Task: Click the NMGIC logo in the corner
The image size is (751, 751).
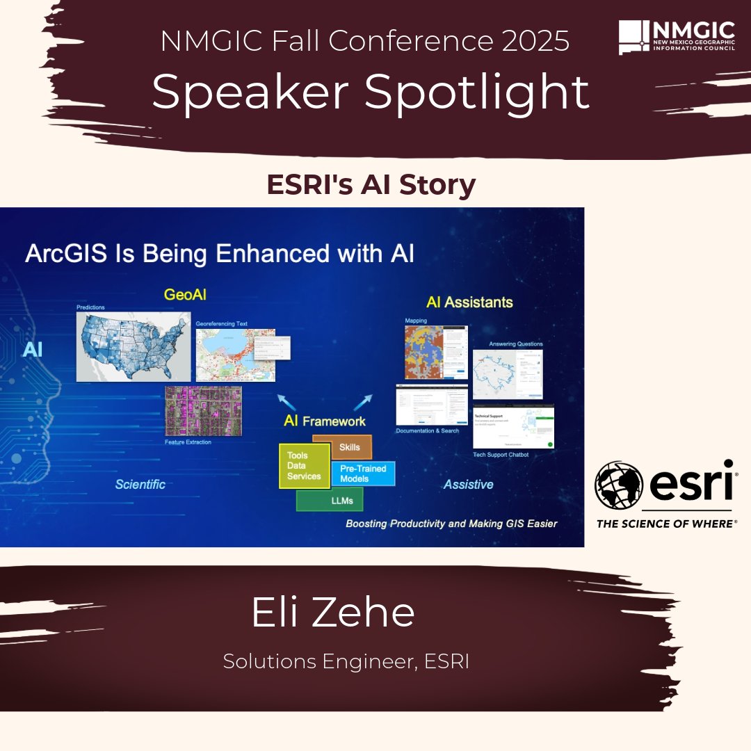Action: pyautogui.click(x=676, y=38)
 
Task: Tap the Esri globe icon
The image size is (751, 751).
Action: pyautogui.click(x=619, y=486)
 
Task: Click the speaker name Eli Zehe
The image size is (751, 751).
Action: pyautogui.click(x=333, y=613)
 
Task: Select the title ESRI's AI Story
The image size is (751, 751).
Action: pyautogui.click(x=371, y=186)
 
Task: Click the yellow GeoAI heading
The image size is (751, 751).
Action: pyautogui.click(x=185, y=295)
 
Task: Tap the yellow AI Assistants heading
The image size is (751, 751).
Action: pyautogui.click(x=469, y=302)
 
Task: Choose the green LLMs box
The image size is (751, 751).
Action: pyautogui.click(x=330, y=499)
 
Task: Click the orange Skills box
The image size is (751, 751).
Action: pyautogui.click(x=349, y=447)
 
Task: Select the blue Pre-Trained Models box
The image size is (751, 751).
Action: pyautogui.click(x=363, y=474)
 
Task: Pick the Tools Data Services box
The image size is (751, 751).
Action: pyautogui.click(x=304, y=466)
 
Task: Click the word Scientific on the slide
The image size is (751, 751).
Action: pyautogui.click(x=140, y=485)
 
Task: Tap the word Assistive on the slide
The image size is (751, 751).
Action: pyautogui.click(x=469, y=485)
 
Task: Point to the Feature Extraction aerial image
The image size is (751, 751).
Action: pyautogui.click(x=203, y=411)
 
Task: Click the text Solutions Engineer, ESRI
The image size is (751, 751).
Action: pyautogui.click(x=346, y=661)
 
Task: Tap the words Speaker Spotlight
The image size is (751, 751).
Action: pyautogui.click(x=371, y=92)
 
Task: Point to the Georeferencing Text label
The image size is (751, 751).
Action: pyautogui.click(x=221, y=323)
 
